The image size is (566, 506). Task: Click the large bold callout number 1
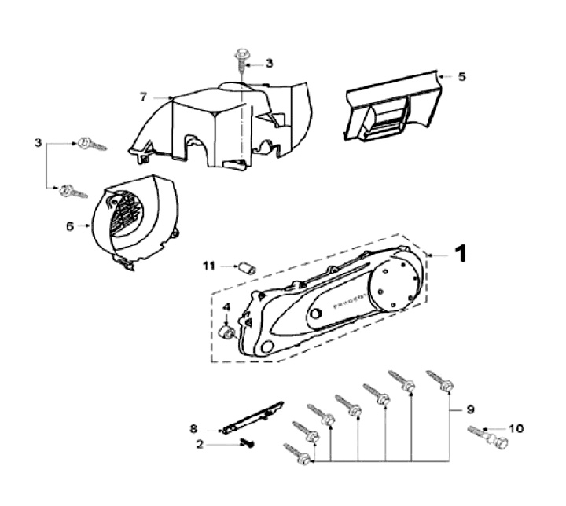[x=461, y=253]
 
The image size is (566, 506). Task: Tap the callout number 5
[x=462, y=77]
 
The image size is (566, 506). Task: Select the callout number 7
[x=143, y=97]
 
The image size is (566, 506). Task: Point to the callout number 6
[x=70, y=225]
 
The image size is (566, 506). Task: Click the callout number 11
[x=208, y=266]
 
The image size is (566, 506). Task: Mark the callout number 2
[x=200, y=444]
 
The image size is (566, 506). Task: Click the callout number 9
[x=471, y=409]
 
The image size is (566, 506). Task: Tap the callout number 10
[x=516, y=428]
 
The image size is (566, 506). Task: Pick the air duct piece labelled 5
[x=391, y=108]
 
